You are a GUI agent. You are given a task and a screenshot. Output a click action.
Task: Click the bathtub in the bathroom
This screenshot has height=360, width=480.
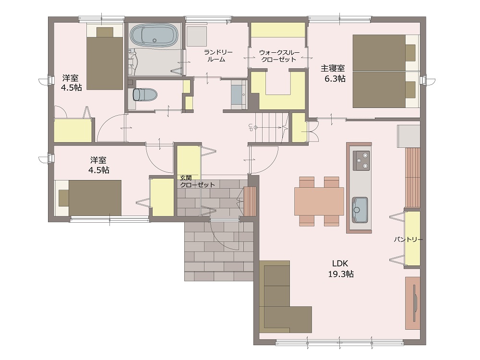click(154, 35)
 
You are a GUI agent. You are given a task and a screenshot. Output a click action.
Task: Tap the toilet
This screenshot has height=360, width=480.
click(145, 95)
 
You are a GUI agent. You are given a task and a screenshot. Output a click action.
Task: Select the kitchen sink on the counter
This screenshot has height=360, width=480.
click(360, 210)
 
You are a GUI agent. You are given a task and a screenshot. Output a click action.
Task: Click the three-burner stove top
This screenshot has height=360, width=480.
click(361, 160)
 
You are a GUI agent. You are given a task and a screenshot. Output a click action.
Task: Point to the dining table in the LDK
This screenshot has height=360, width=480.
click(319, 201)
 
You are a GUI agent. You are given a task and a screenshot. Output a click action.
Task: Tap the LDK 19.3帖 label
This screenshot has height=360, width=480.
click(341, 268)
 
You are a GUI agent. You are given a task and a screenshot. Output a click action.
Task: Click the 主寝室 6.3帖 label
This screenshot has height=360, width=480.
click(333, 73)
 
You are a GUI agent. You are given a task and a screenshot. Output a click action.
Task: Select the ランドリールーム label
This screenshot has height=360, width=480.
click(218, 56)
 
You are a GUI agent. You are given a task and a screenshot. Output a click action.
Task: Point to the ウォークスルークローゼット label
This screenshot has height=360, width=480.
click(279, 56)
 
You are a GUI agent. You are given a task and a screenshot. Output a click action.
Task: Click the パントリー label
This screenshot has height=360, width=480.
click(408, 240)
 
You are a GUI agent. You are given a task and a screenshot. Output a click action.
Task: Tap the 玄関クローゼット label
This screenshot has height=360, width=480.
click(197, 181)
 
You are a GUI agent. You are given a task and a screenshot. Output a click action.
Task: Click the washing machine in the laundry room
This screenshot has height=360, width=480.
click(197, 36)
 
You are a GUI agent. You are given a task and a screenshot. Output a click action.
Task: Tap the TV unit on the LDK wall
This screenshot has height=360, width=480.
click(412, 303)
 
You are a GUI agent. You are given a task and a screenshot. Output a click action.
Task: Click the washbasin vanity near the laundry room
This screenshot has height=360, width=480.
click(239, 94)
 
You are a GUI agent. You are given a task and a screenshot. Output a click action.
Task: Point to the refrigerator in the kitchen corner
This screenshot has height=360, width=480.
click(408, 136)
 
